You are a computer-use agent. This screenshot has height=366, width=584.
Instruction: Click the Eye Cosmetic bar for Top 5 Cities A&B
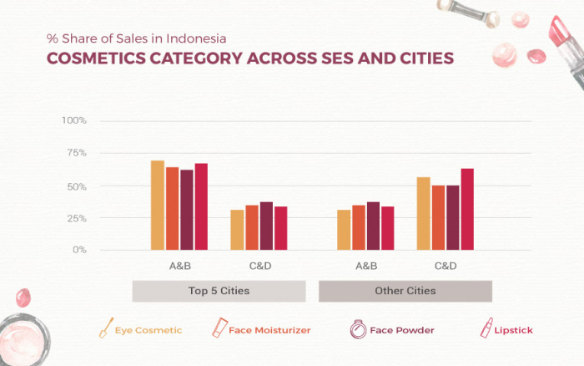(157, 205)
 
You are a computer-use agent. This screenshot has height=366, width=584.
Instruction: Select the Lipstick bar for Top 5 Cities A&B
(201, 206)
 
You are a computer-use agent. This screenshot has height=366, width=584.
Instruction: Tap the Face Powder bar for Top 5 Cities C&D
(266, 226)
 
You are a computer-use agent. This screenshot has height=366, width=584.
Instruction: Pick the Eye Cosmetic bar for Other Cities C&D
(423, 213)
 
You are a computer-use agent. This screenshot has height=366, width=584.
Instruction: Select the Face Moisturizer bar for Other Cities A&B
(359, 227)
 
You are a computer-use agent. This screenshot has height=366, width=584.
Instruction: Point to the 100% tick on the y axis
(74, 120)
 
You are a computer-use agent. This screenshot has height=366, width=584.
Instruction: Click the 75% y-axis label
(76, 153)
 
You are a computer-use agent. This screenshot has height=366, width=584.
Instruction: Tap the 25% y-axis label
(76, 218)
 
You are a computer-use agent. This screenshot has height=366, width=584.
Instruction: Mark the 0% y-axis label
(79, 250)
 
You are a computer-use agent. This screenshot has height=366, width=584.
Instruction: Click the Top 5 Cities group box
(219, 291)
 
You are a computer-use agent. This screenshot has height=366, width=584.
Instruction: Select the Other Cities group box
(405, 291)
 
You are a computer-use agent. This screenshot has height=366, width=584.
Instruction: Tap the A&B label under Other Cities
(366, 266)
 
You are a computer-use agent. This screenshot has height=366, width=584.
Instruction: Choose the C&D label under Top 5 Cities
(259, 266)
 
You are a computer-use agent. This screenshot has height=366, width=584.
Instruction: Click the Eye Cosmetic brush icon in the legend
(106, 328)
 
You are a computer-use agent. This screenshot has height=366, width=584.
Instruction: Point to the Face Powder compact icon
(357, 328)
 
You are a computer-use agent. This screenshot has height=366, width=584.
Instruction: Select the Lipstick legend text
(514, 330)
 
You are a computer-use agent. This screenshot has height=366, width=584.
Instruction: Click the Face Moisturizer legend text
(269, 330)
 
